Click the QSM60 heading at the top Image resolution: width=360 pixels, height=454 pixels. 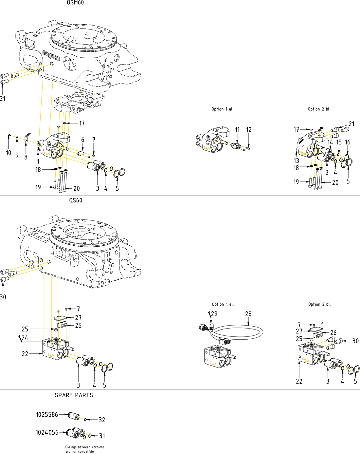[x=75, y=3]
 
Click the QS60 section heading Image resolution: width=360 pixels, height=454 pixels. [x=76, y=200]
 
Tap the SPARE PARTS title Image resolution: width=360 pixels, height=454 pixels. [x=74, y=395]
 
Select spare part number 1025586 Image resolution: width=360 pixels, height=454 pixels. [x=47, y=415]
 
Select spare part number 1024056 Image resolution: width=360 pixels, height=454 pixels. [x=47, y=433]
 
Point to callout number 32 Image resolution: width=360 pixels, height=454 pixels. [x=102, y=420]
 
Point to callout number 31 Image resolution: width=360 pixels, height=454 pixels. [x=102, y=436]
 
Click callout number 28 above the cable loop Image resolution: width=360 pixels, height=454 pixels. [x=248, y=314]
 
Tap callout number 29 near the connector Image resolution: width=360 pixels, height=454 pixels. [x=214, y=314]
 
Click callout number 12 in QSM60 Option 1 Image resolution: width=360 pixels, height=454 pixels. [x=249, y=130]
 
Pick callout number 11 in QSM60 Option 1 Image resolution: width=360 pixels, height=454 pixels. [x=237, y=130]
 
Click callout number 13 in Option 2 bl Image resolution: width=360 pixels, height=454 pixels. [x=296, y=161]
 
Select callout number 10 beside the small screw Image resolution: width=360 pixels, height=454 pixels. [x=9, y=153]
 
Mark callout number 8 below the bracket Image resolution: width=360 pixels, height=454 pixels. [x=26, y=157]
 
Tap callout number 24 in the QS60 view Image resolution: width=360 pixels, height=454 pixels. [x=25, y=338]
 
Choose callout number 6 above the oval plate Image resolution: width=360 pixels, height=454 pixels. [x=83, y=140]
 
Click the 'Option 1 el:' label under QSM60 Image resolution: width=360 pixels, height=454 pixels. [x=223, y=109]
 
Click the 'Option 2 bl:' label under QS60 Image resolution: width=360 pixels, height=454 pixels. [x=319, y=304]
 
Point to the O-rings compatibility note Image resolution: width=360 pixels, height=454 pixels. [x=85, y=449]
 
